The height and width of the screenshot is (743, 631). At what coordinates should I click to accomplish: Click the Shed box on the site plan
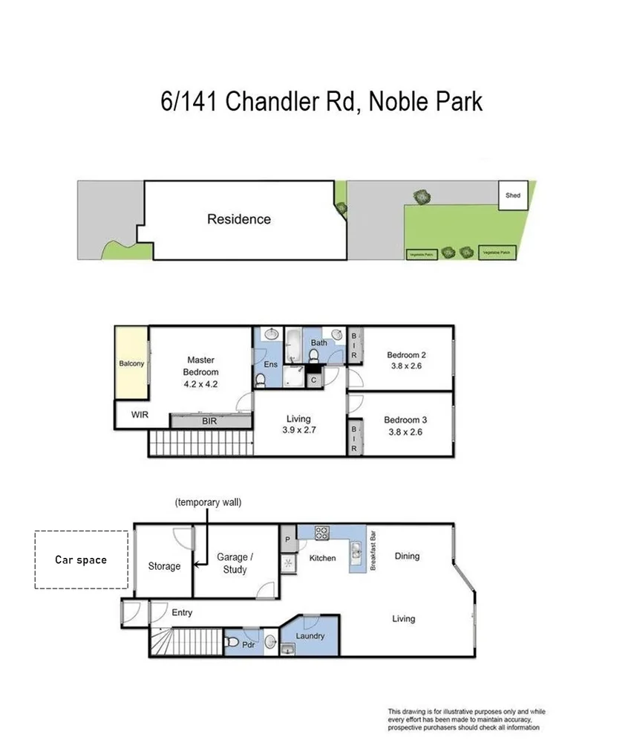click(x=513, y=195)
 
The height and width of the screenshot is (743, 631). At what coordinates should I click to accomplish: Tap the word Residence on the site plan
click(x=238, y=219)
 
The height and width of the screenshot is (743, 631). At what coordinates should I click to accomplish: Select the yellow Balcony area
click(x=131, y=363)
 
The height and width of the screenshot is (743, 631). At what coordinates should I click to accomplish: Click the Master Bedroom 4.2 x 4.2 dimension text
click(x=201, y=384)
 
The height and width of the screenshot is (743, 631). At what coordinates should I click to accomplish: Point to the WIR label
click(x=139, y=415)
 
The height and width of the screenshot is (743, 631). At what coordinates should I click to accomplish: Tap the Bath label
click(x=318, y=343)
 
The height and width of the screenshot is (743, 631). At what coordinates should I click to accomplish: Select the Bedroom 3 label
click(x=405, y=420)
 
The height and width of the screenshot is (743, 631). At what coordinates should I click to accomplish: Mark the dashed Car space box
click(x=81, y=559)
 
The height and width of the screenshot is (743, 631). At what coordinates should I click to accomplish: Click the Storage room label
click(x=164, y=566)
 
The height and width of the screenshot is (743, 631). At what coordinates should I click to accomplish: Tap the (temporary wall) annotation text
click(x=209, y=502)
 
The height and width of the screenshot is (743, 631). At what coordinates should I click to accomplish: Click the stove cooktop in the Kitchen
click(x=323, y=533)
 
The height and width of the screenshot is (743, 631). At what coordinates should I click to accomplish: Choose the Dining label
click(x=407, y=556)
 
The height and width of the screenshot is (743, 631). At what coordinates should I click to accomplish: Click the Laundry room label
click(x=310, y=636)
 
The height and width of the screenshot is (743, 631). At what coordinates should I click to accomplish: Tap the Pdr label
click(x=249, y=644)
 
